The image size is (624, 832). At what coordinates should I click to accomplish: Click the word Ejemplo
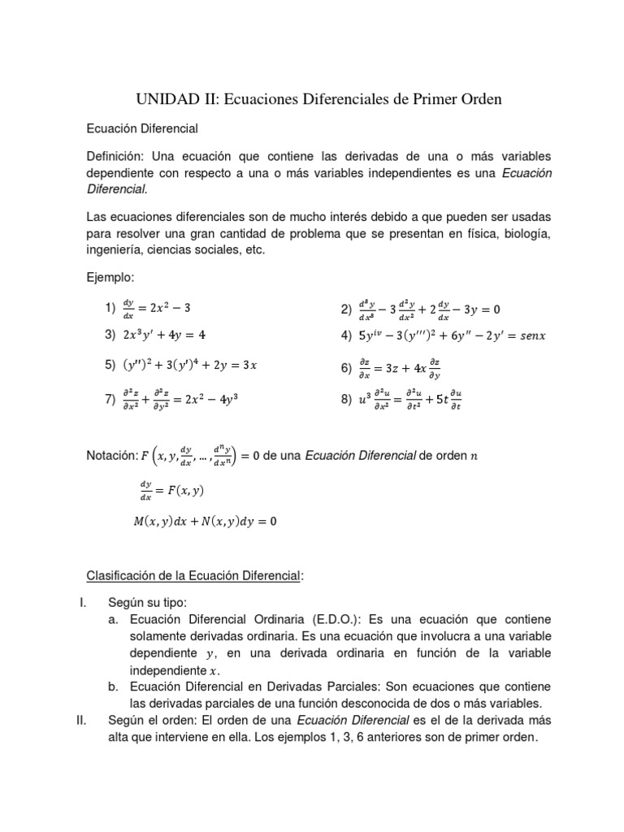point(110,278)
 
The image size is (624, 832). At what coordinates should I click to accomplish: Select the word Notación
point(112,456)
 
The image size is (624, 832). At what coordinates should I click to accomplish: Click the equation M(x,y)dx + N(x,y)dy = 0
point(206,522)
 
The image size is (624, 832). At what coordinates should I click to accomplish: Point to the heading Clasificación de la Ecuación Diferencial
point(194,576)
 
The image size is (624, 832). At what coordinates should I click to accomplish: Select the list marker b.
point(114,687)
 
